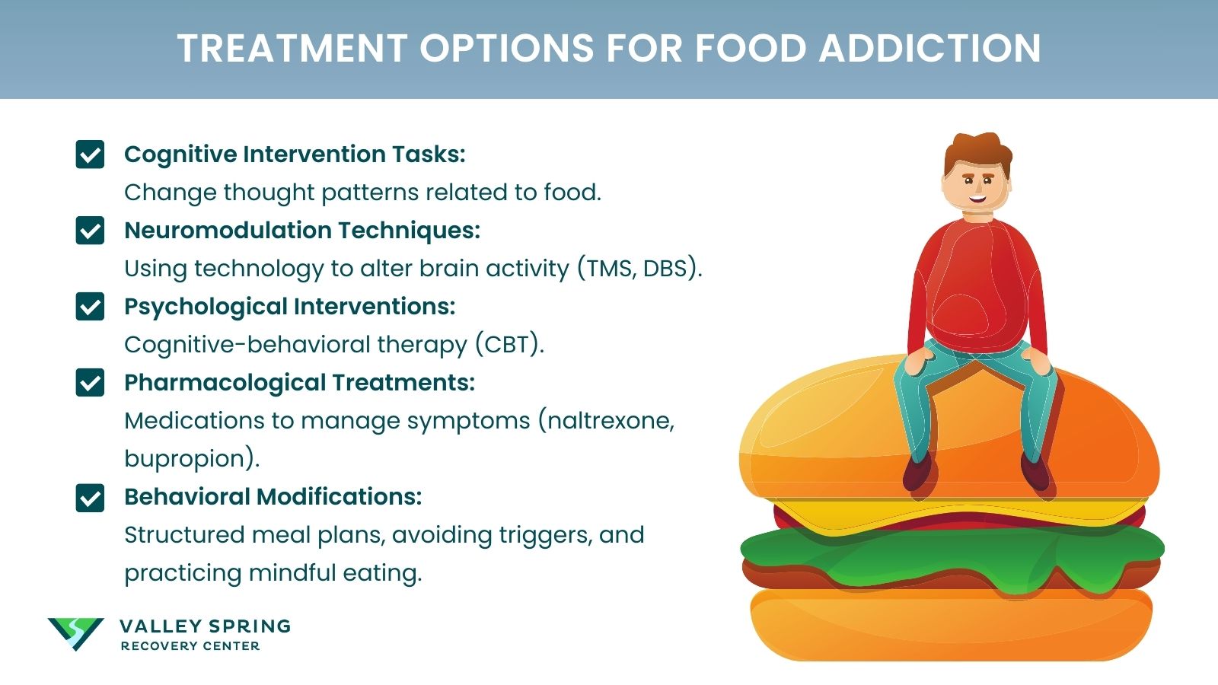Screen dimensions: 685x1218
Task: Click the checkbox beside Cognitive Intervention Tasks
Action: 90,155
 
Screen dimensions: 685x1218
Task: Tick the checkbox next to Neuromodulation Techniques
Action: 90,231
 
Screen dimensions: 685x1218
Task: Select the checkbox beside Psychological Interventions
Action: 90,307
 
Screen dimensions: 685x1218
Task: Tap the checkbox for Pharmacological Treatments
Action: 90,383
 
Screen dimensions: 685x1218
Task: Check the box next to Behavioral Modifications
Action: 90,498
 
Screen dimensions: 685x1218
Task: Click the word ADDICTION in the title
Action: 929,49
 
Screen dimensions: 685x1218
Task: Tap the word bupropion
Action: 187,459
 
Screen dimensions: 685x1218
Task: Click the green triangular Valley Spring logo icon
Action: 75,632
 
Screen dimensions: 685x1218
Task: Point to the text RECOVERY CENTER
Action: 190,646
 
